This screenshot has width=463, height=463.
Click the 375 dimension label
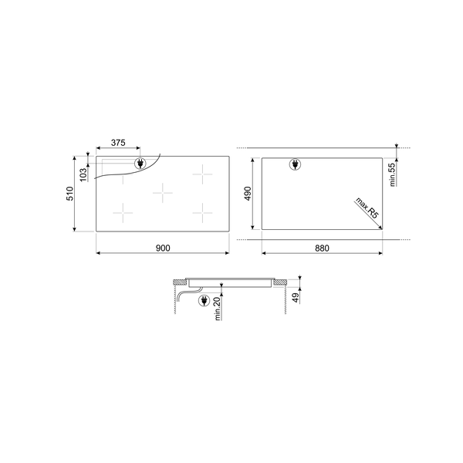(x=118, y=143)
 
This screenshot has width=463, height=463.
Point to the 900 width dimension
(x=162, y=248)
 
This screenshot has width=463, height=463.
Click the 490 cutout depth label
(x=249, y=194)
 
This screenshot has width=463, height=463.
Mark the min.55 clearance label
(x=393, y=175)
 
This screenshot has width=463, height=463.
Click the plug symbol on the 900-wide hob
(x=140, y=164)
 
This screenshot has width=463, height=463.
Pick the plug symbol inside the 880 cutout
(x=294, y=164)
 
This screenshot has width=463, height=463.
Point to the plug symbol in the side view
(x=204, y=301)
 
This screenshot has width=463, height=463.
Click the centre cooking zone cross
(x=163, y=191)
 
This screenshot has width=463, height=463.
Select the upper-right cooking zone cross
(x=203, y=174)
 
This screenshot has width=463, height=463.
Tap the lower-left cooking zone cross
(x=123, y=209)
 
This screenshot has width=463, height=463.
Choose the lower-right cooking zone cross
(x=203, y=209)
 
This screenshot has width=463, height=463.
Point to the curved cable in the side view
(x=184, y=294)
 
